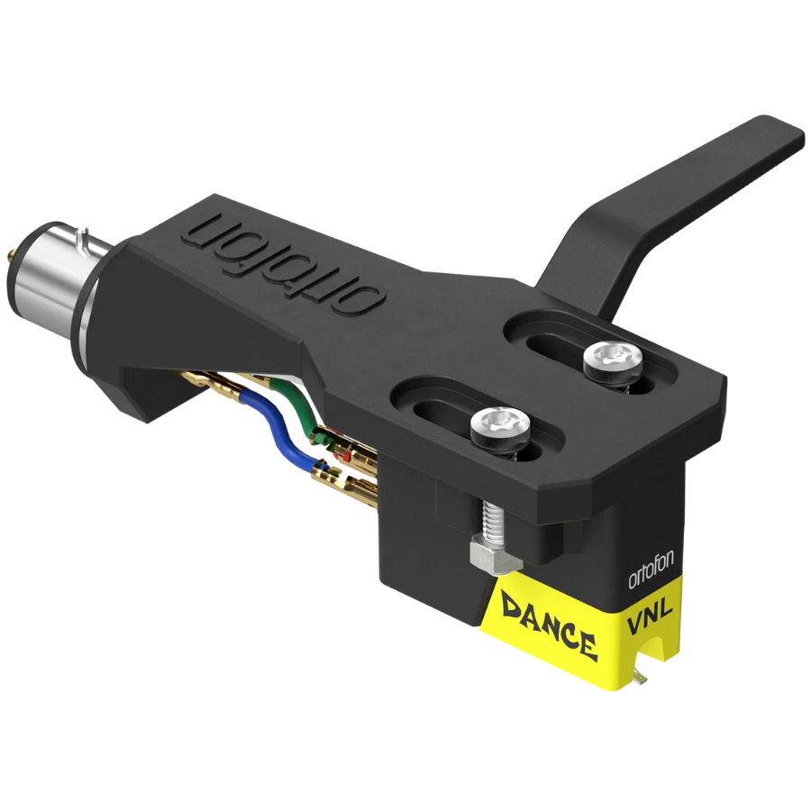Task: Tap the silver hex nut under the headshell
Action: point(488,556)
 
